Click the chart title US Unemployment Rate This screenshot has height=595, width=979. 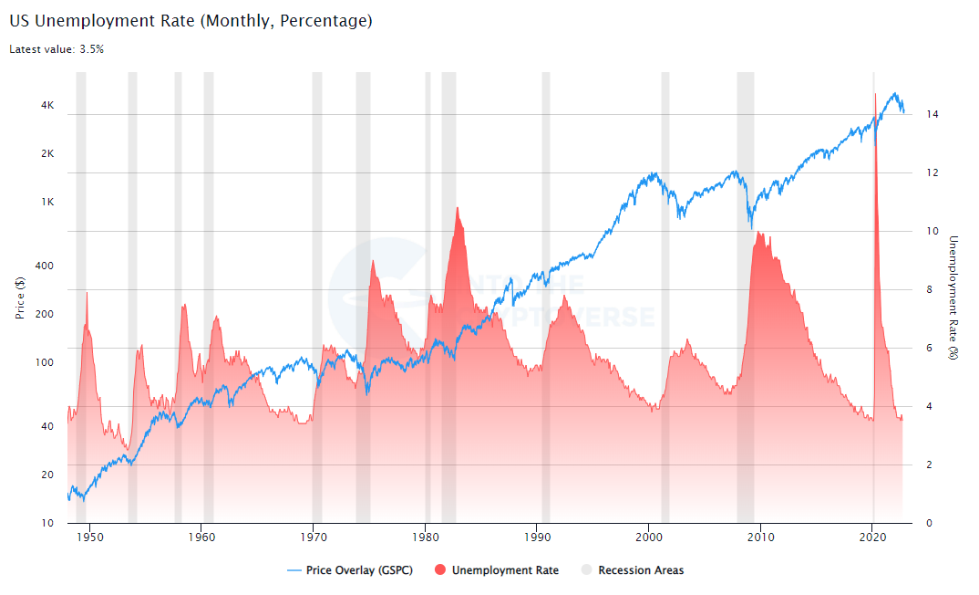[x=191, y=20]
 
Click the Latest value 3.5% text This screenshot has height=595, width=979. [x=57, y=49]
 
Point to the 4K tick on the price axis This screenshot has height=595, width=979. [x=47, y=106]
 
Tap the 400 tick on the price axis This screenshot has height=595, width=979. [x=46, y=266]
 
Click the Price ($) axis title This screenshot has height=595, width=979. [x=20, y=297]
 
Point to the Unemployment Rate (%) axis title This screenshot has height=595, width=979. [x=953, y=297]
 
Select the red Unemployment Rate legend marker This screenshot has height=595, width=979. [x=440, y=570]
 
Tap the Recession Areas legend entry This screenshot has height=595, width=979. [x=640, y=570]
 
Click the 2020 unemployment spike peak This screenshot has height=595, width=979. [x=875, y=94]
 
